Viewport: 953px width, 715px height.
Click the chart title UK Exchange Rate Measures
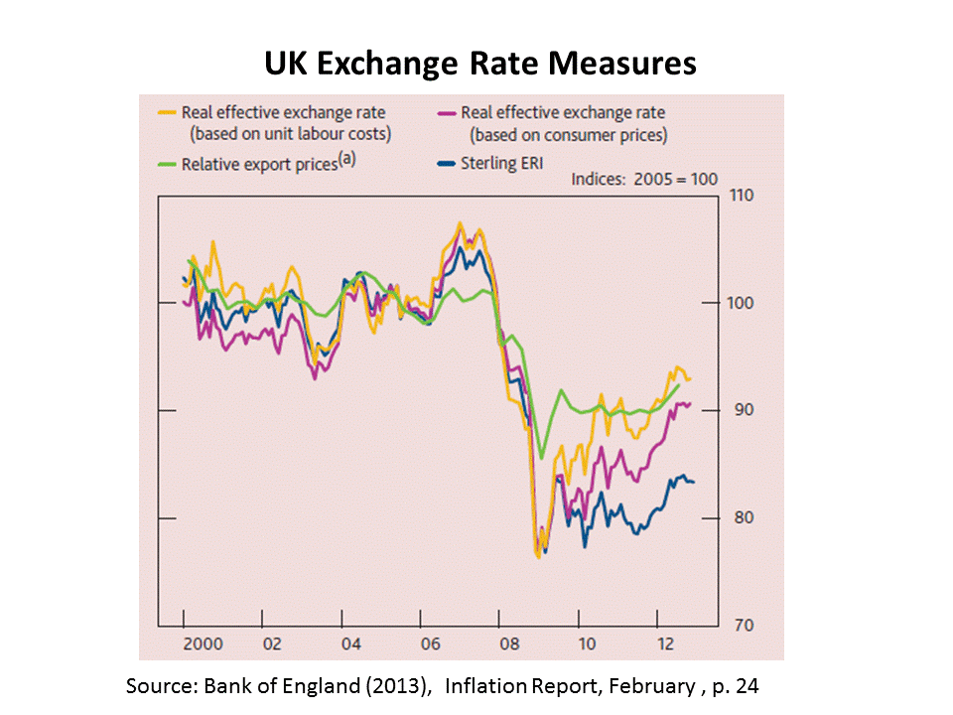tap(479, 65)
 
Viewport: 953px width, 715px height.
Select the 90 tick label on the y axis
tap(741, 410)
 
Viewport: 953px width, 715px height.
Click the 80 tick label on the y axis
tap(741, 518)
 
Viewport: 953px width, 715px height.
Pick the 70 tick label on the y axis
tap(741, 626)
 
